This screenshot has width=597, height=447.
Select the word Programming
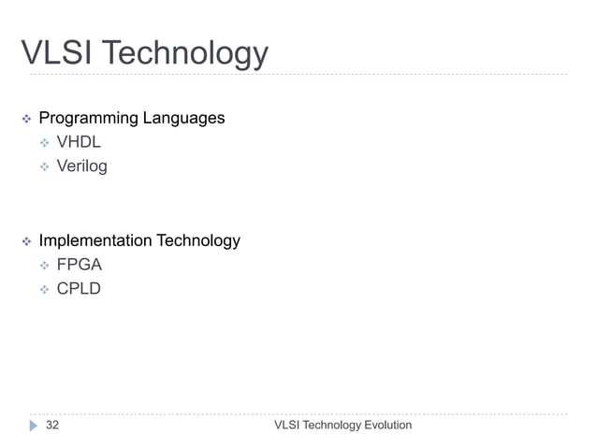pos(88,119)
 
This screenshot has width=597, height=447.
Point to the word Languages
pos(183,119)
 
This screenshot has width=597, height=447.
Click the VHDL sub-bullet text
pos(79,142)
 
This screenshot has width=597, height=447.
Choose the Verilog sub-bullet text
pos(82,166)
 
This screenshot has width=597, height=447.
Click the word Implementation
pos(95,240)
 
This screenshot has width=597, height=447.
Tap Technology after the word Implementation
pos(197,240)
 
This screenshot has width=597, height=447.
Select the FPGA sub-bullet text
pos(80,265)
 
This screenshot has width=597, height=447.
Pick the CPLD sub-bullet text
pos(79,288)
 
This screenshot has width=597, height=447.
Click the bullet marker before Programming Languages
pos(26,119)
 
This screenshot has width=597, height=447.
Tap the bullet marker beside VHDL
pos(43,143)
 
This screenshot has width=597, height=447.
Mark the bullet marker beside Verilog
pos(43,166)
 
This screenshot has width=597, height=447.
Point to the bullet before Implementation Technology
pos(26,241)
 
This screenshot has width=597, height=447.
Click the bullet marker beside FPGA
pos(43,265)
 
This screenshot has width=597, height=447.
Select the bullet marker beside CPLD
pos(43,289)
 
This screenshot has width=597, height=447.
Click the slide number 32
pos(52,425)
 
